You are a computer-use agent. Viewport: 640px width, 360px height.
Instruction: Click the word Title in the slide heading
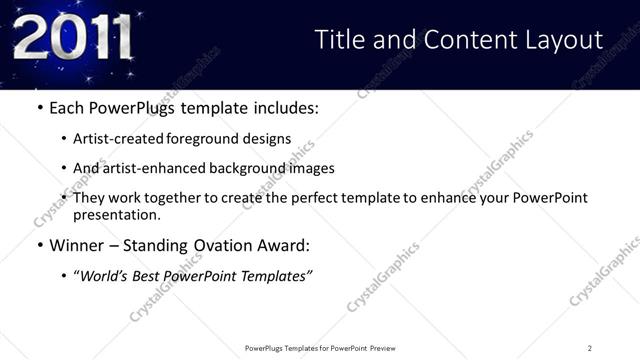coord(340,40)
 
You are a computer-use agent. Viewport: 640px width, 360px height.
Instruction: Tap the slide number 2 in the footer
coord(590,348)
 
